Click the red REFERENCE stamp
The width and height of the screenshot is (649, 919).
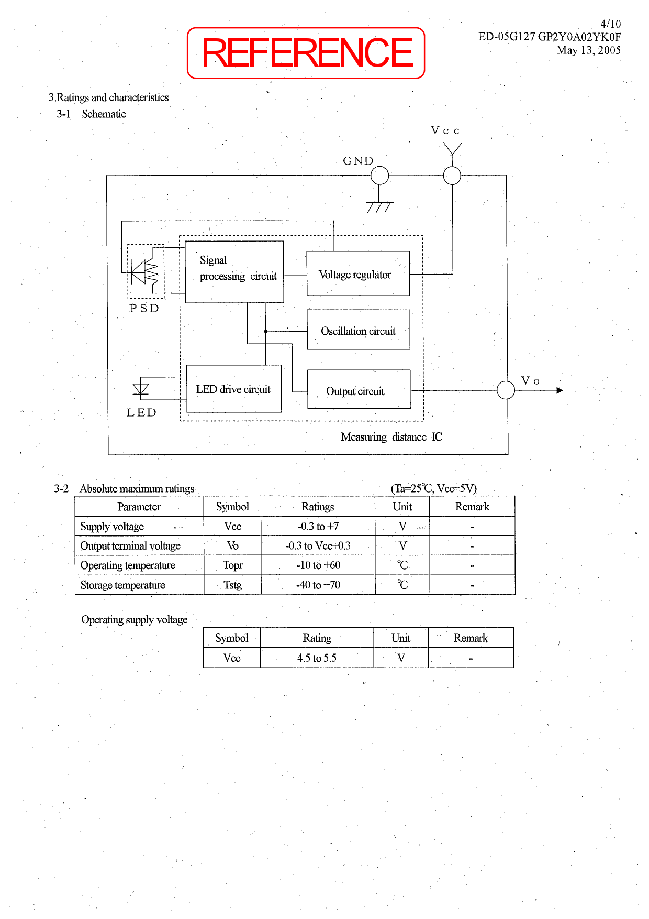pyautogui.click(x=306, y=53)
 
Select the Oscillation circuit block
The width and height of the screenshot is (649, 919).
pyautogui.click(x=359, y=330)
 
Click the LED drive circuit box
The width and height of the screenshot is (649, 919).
pyautogui.click(x=234, y=389)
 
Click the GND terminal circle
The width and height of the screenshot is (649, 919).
pyautogui.click(x=379, y=176)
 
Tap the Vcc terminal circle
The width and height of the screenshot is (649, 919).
pyautogui.click(x=452, y=176)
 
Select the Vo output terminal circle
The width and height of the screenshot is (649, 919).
pyautogui.click(x=506, y=390)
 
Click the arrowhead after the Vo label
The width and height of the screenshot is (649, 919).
pyautogui.click(x=560, y=390)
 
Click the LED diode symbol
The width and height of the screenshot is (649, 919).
pyautogui.click(x=141, y=389)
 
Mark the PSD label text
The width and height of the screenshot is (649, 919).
pyautogui.click(x=144, y=309)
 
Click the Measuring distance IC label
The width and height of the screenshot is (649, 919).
pyautogui.click(x=391, y=437)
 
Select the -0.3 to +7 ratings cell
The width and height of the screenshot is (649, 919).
pyautogui.click(x=318, y=527)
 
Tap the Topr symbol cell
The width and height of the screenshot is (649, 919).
pyautogui.click(x=232, y=565)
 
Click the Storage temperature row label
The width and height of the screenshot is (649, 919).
pyautogui.click(x=123, y=585)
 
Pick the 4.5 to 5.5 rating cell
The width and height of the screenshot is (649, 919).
pyautogui.click(x=317, y=658)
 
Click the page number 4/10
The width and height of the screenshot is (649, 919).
pyautogui.click(x=610, y=24)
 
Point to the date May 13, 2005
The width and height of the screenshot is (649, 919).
pyautogui.click(x=588, y=50)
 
